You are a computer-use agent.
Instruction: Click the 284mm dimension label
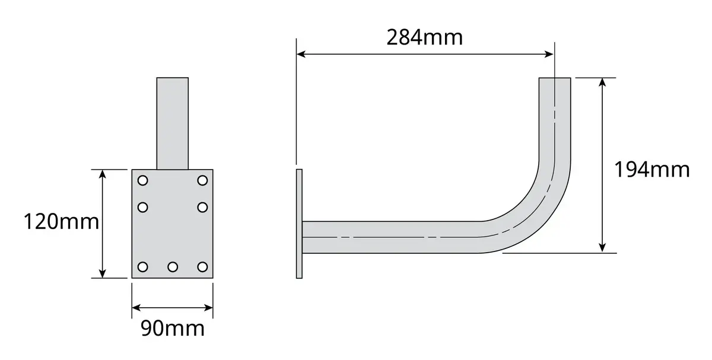pos(424,37)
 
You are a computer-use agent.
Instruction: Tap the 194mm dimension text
pos(652,170)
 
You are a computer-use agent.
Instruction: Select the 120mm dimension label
pos(61,221)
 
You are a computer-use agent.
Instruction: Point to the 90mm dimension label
pos(173,328)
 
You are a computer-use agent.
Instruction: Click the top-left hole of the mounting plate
pos(143,180)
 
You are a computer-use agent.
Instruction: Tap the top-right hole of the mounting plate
pos(202,180)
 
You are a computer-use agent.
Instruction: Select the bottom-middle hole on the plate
pos(173,267)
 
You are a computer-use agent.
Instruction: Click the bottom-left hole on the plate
pos(143,267)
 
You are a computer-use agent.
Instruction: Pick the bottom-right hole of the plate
pos(202,267)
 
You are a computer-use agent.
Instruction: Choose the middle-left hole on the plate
pos(143,208)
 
